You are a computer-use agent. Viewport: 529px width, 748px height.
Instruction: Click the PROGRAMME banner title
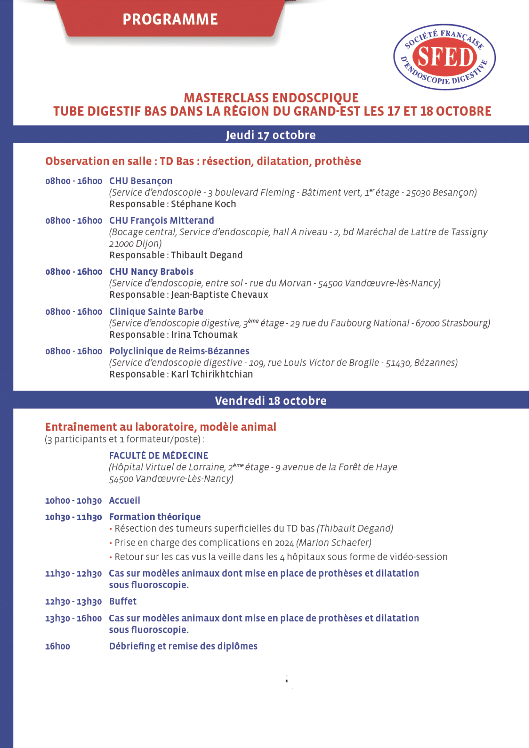tap(170, 19)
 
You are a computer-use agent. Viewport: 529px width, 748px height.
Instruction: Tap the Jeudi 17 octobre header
tap(271, 135)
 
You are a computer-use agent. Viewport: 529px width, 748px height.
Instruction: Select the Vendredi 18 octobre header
tap(271, 401)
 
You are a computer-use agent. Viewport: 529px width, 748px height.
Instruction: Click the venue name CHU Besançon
tap(141, 181)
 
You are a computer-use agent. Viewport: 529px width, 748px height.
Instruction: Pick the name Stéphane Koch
tap(204, 204)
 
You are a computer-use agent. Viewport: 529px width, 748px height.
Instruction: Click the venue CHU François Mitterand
tap(162, 221)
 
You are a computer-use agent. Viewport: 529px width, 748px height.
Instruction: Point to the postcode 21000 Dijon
tap(136, 244)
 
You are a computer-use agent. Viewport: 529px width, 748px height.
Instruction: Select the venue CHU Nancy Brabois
tap(151, 272)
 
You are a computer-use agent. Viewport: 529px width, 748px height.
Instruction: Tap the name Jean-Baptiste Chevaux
tap(219, 295)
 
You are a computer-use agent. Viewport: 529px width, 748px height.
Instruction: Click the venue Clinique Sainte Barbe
tap(156, 312)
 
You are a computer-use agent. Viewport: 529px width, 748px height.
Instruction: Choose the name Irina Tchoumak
tap(204, 335)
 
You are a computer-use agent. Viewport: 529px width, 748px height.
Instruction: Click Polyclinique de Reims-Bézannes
tap(179, 351)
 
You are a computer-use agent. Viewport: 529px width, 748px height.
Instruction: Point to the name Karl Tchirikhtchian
tap(212, 374)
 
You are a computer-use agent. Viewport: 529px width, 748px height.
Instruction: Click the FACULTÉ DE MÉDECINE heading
tap(159, 455)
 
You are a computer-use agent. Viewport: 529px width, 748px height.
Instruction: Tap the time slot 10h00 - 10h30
tap(73, 501)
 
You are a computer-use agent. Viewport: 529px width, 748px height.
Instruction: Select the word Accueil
tap(124, 500)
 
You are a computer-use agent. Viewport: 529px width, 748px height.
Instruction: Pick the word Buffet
tap(123, 602)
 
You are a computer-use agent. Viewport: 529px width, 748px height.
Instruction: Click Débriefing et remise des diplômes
tap(183, 646)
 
